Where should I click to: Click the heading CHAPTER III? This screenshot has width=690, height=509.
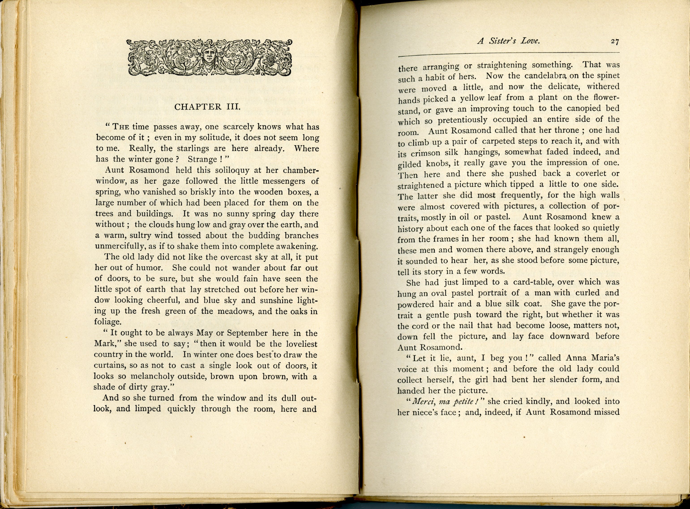(207, 107)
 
